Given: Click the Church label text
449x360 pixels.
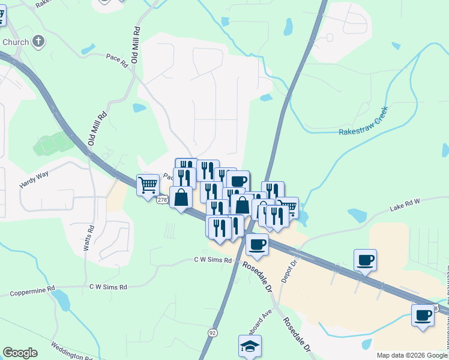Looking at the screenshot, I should (15, 42).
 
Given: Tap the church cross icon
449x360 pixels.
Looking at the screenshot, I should (38, 42).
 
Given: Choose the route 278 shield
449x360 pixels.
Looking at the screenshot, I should (161, 200).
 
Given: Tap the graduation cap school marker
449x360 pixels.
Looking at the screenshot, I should (250, 346).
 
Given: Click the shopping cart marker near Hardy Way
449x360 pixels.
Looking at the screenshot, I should (147, 185).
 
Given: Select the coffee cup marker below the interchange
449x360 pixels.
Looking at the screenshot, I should (257, 244).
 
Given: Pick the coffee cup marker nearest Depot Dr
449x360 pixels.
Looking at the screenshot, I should (365, 260).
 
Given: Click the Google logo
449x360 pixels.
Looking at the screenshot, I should (20, 353).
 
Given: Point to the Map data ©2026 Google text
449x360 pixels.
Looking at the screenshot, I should (412, 355).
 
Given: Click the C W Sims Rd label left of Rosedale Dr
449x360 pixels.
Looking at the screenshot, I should (212, 260).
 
